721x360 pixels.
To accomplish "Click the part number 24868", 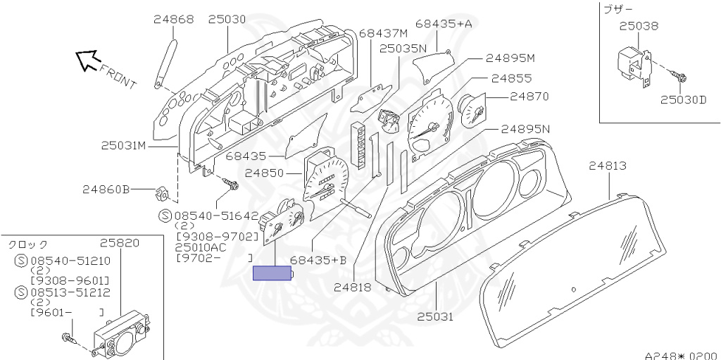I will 173,20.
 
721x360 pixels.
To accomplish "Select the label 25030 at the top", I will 227,20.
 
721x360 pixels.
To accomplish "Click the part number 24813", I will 608,166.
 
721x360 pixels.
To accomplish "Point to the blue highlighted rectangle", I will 272,273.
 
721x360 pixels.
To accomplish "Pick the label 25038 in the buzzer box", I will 639,27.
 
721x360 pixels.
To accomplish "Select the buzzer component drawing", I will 632,64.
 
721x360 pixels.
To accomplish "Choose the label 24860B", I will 106,190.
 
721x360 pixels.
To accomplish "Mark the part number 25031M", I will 123,146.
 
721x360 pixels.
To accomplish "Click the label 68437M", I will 383,33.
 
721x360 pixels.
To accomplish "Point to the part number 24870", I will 529,97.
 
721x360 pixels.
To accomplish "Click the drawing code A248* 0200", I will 681,355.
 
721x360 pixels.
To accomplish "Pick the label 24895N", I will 525,130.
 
